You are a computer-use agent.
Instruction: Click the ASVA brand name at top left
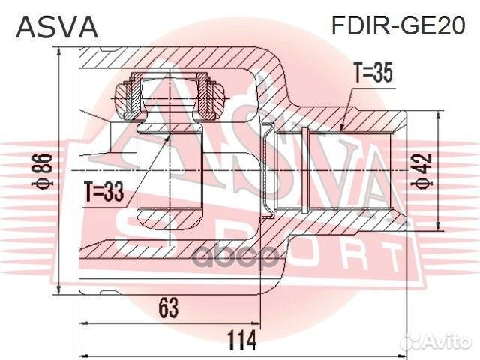[x=57, y=27]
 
